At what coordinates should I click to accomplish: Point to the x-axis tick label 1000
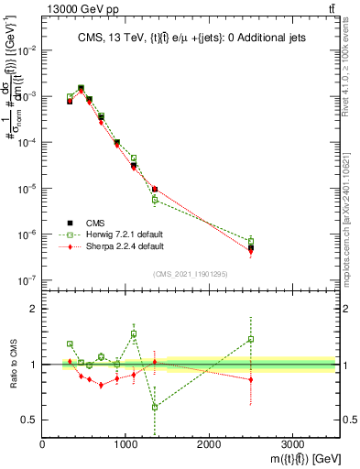click(x=125, y=444)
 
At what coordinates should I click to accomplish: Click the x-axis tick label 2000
click(x=209, y=444)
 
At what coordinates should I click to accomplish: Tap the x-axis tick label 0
click(x=43, y=444)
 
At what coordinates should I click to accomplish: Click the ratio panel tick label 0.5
click(x=27, y=420)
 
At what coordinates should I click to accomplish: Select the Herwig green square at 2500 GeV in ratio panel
click(x=251, y=339)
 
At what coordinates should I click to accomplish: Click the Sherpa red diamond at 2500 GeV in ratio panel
click(x=251, y=379)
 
